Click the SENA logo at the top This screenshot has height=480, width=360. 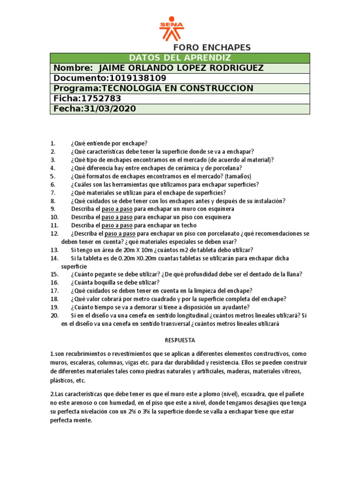(172, 29)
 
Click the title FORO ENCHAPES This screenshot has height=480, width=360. (212, 47)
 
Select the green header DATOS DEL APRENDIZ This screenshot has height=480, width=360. (180, 58)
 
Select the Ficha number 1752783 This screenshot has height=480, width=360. (101, 98)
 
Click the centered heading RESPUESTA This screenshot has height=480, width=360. (180, 340)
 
